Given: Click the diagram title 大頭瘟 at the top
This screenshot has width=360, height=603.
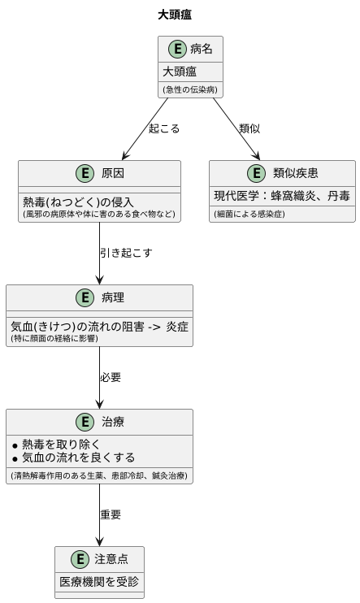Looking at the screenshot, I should tap(175, 15).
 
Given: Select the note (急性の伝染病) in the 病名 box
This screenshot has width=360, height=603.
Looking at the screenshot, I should tap(189, 89).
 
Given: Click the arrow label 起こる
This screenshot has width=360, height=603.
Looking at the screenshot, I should tap(164, 128).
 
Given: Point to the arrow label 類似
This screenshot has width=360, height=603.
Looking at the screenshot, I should tap(249, 128).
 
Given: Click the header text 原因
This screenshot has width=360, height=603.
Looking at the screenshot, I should tap(113, 174).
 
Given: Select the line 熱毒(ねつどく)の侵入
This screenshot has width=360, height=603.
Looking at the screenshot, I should tap(78, 202).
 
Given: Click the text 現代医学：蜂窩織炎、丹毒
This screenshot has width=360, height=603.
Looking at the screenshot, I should tap(281, 196).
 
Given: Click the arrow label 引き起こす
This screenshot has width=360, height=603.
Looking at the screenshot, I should tap(126, 253).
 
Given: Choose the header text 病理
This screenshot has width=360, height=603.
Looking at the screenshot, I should tap(113, 298).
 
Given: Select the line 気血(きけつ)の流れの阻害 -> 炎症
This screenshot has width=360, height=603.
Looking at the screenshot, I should tap(99, 326).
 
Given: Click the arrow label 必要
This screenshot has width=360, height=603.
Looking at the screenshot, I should tap(111, 377).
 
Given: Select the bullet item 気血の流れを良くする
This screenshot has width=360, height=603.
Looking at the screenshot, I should tap(78, 458).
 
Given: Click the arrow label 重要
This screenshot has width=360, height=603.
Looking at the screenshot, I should tap(111, 514).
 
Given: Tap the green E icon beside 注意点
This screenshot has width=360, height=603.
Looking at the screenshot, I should tap(79, 560).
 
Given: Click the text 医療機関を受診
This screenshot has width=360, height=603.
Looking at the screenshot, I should tap(99, 582).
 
